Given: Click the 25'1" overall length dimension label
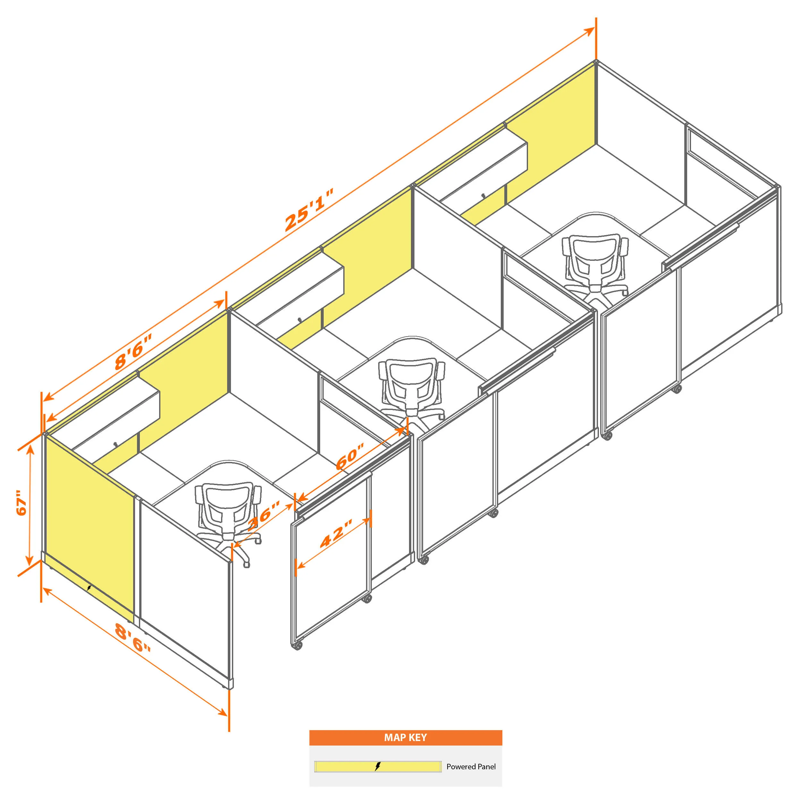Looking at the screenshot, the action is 309,210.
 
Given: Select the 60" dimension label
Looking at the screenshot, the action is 350,456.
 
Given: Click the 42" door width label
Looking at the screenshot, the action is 336,533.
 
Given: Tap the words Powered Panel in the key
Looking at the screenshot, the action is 471,767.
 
